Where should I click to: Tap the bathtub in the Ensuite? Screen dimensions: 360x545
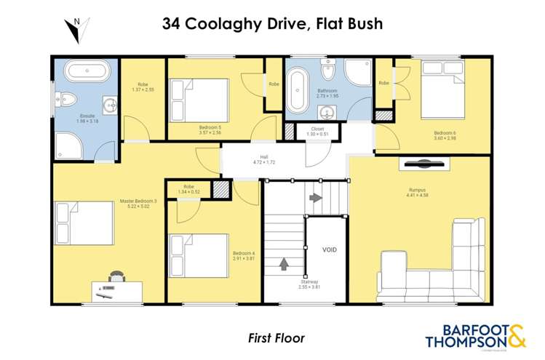coord(85,73)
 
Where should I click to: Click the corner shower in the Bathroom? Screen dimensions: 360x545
coord(357,76)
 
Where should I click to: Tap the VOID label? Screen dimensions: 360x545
coord(330,249)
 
